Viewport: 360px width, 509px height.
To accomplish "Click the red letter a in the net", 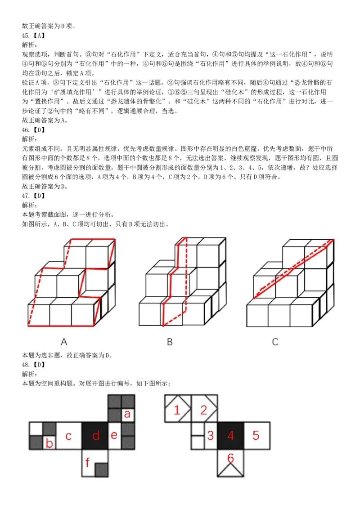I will [127, 414].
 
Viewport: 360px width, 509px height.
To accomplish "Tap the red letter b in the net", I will [49, 444].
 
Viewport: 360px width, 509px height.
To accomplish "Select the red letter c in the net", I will [68, 436].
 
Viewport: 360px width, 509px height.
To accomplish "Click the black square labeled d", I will [95, 436].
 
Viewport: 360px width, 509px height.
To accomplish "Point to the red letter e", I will [114, 435].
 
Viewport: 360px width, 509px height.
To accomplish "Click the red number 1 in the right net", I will [177, 410].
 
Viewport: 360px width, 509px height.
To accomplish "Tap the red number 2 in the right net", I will [204, 410].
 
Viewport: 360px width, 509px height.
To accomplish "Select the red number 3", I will [210, 435].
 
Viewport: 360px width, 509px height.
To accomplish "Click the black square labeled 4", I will [230, 435].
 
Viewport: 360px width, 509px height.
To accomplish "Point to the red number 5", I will [256, 435].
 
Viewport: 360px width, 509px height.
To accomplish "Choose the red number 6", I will [230, 458].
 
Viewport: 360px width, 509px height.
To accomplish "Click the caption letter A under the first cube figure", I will [64, 342].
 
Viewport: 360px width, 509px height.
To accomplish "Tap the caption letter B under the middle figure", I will [170, 342].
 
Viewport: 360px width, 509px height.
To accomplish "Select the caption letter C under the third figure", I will [275, 342].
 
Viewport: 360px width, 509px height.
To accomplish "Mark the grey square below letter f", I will [102, 469].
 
